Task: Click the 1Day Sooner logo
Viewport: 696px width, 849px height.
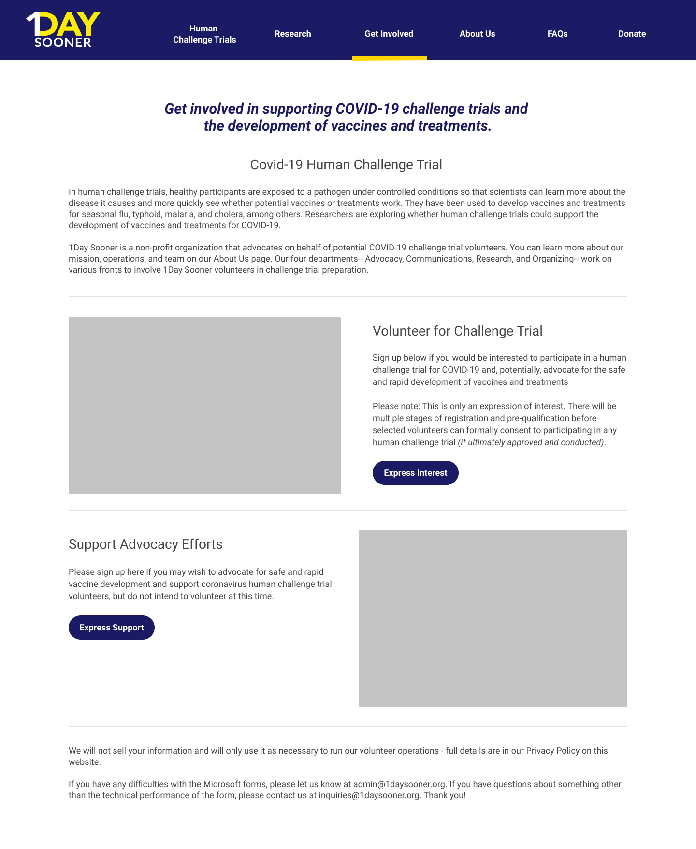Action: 63,30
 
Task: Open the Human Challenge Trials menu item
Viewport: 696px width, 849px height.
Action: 204,34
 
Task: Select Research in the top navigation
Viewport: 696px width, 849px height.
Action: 292,34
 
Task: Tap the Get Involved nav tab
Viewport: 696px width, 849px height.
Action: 389,34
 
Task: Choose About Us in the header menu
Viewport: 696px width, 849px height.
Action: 477,34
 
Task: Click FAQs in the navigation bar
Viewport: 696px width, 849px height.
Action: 557,34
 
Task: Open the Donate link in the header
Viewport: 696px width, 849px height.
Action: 632,34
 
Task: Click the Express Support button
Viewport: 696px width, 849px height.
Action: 112,628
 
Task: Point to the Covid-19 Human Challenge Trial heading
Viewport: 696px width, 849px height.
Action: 346,165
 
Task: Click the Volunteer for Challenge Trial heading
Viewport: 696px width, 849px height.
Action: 457,331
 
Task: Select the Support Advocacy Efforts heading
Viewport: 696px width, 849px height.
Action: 145,544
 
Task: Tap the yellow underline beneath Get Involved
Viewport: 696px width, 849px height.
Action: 389,58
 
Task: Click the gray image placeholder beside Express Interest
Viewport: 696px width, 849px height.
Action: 204,405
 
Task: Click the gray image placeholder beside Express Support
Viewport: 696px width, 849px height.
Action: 493,618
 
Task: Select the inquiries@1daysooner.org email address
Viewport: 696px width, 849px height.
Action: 369,795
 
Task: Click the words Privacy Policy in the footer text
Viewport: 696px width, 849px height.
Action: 552,751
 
